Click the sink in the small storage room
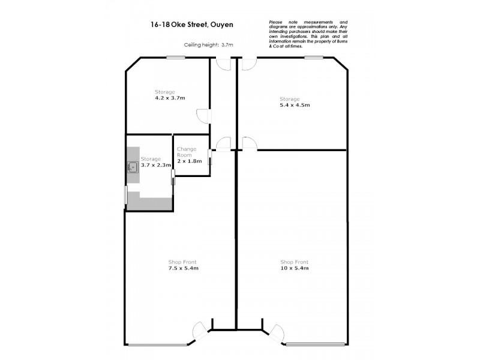pos(132,168)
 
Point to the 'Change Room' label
pos(187,152)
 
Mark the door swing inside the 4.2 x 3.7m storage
pos(203,116)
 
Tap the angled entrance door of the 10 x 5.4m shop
pos(276,333)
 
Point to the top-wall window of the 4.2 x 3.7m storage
pos(175,58)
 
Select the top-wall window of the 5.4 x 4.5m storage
pos(313,58)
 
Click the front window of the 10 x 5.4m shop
pos(316,344)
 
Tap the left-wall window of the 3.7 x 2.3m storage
pos(125,196)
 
